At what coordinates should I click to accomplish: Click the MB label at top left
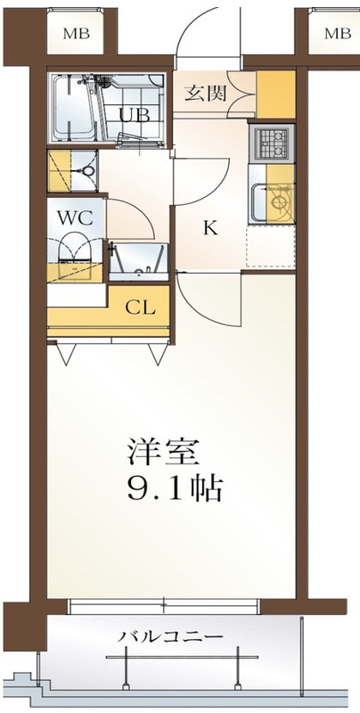pos(77,34)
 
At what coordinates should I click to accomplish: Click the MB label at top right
pos(338,34)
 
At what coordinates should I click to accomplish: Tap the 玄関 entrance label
pos(206,94)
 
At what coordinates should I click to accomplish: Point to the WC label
pos(75,217)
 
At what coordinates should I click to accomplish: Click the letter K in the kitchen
pos(209,228)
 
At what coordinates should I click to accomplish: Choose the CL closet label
pos(140,308)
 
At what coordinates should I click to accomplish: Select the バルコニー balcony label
pos(171,636)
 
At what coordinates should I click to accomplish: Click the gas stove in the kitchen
pos(272,143)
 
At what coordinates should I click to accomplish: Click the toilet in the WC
pos(76,248)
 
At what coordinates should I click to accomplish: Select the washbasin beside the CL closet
pos(138,263)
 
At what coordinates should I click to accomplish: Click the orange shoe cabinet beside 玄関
pos(276,94)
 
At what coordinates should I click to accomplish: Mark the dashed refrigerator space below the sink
pos(271,246)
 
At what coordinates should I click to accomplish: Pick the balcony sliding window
pos(164,606)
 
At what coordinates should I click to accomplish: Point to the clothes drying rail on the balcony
pos(182,657)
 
